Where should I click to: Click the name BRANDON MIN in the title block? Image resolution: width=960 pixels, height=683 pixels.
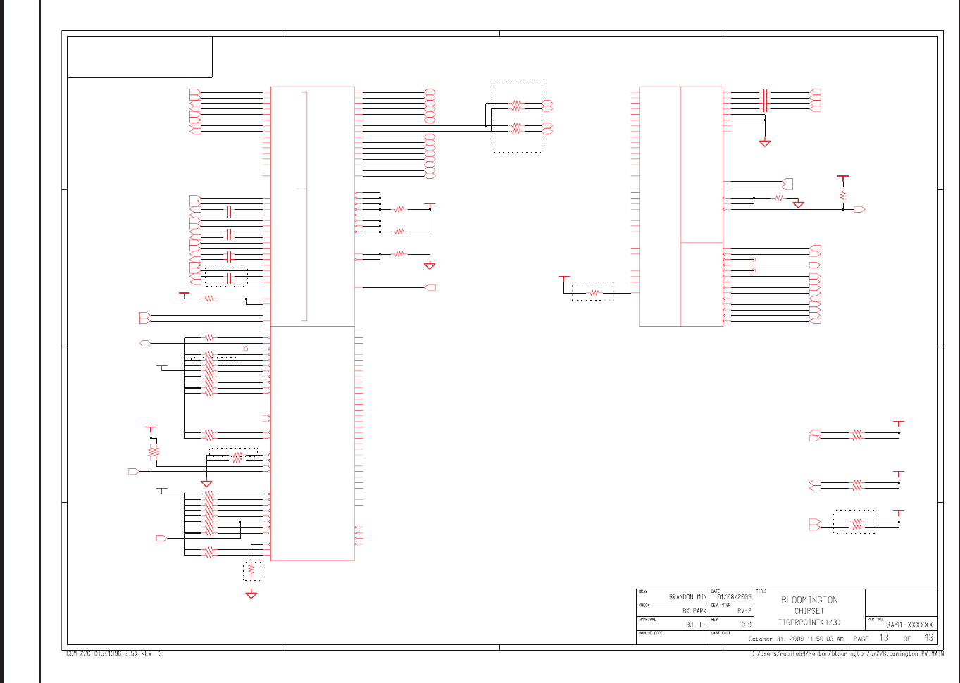[x=687, y=596]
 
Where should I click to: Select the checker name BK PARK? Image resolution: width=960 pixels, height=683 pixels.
[x=694, y=610]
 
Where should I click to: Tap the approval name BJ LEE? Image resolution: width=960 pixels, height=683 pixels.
[x=696, y=625]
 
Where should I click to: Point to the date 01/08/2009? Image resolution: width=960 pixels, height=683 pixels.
[x=734, y=596]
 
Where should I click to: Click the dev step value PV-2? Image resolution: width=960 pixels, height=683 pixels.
[x=744, y=610]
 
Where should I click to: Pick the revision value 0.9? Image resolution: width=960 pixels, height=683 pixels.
[x=746, y=625]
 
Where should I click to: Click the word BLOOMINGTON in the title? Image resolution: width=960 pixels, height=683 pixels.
[x=809, y=600]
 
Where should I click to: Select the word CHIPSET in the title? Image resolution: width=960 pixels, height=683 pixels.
[x=809, y=611]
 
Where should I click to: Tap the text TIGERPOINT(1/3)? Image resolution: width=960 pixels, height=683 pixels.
[x=809, y=622]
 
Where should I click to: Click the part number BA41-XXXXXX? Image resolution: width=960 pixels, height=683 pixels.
[x=909, y=625]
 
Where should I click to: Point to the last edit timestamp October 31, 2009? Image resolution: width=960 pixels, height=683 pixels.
[x=795, y=639]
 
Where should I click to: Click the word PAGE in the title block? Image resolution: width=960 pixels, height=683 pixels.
[x=861, y=639]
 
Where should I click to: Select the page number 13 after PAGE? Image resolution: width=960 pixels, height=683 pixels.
[x=884, y=638]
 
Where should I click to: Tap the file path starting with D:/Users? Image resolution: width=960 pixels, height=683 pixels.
[x=847, y=653]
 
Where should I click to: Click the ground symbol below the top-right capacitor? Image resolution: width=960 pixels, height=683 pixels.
[x=765, y=143]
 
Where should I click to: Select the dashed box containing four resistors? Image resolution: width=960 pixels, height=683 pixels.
[x=518, y=116]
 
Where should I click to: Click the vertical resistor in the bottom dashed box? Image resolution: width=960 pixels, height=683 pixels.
[x=251, y=570]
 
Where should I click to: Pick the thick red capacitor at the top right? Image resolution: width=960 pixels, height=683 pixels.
[x=765, y=101]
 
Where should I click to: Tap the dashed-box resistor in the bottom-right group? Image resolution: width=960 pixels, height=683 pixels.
[x=856, y=524]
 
